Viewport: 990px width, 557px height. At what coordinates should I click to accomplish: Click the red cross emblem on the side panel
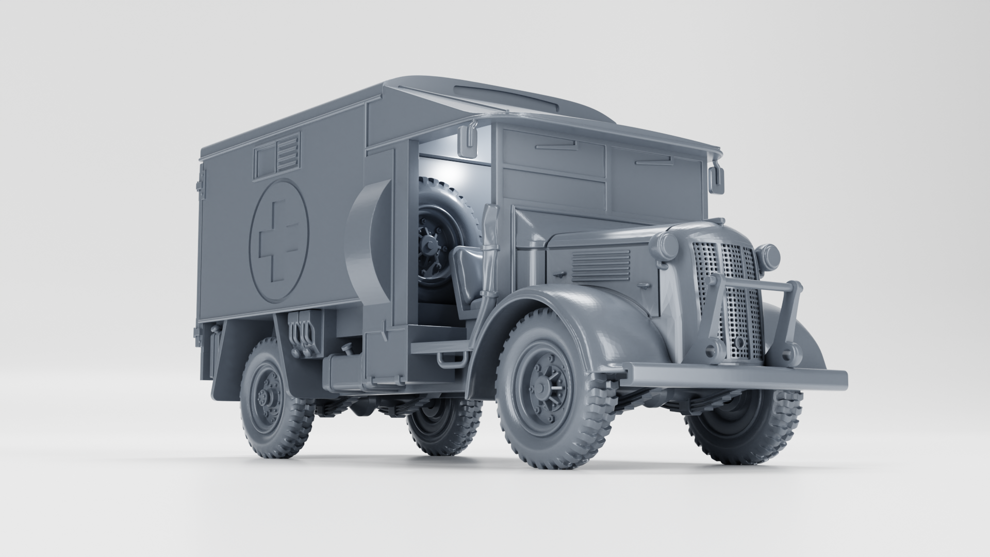click(x=278, y=240)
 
